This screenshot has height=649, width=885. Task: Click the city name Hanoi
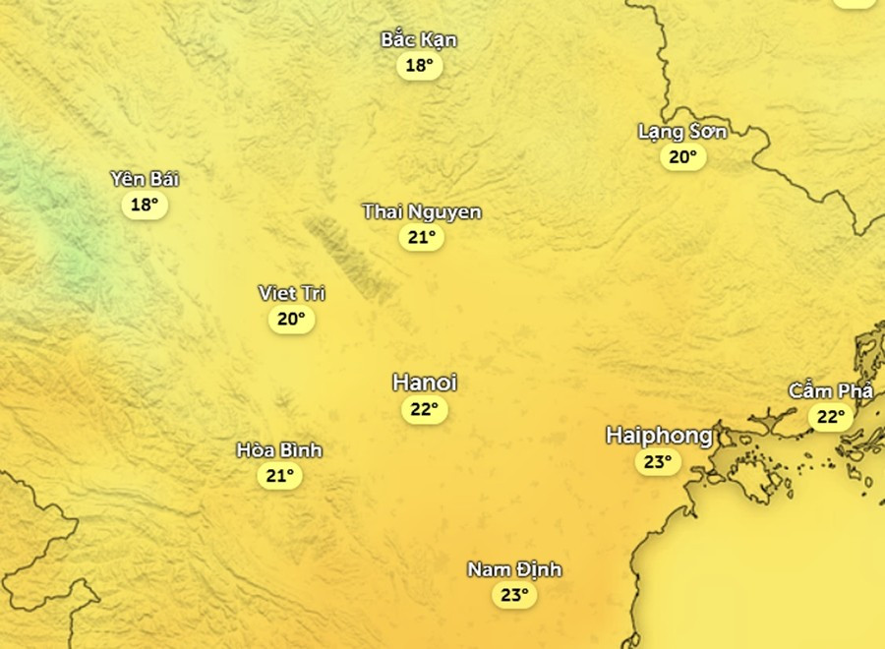coord(424,383)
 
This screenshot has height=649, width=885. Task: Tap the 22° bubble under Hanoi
coord(424,409)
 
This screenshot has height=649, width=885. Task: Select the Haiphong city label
coord(659,435)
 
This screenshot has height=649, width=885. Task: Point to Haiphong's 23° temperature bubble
coord(657,461)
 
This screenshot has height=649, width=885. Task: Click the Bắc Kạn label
coord(419,40)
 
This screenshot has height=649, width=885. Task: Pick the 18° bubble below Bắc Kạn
coord(419,66)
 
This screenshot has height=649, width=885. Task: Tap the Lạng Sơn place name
coord(682,131)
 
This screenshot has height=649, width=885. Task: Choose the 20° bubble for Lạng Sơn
coord(682,156)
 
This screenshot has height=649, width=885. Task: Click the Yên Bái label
coord(145,179)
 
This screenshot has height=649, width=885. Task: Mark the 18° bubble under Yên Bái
coord(145,205)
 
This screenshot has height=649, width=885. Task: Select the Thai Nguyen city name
coord(422,211)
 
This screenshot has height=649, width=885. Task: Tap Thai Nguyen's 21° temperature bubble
coord(421,237)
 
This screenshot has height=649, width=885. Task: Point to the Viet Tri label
coord(291,293)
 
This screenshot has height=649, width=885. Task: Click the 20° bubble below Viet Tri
coord(291,319)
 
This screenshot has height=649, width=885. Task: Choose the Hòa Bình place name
coord(279,450)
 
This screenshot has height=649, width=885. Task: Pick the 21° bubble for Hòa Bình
coord(279,476)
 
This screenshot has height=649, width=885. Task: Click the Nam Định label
coord(514,569)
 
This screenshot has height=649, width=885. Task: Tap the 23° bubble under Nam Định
coord(514,595)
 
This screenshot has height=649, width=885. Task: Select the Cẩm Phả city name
coord(831,391)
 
